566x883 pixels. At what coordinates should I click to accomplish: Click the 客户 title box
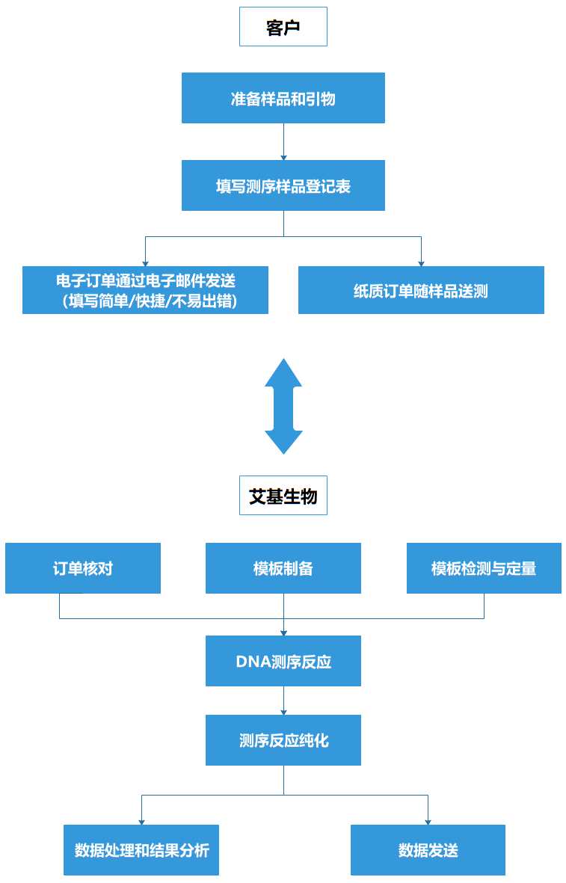[283, 27]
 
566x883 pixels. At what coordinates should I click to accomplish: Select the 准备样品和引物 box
[283, 98]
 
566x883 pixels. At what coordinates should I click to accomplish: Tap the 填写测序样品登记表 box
[283, 185]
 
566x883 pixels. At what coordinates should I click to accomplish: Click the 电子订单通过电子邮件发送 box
[145, 290]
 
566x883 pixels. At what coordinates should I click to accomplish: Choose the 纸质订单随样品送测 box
[421, 290]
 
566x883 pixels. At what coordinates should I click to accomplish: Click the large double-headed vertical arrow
[283, 406]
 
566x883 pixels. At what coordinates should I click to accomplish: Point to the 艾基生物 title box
[283, 496]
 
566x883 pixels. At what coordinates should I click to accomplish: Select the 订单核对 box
[83, 568]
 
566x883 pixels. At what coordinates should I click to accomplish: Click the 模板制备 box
[283, 568]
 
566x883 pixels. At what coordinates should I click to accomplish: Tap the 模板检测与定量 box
[484, 568]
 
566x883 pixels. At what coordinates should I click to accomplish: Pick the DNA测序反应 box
[283, 661]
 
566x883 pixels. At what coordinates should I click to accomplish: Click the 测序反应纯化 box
[283, 740]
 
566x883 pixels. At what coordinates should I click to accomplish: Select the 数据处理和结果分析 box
[141, 850]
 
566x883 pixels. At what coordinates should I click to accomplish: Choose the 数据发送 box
[428, 850]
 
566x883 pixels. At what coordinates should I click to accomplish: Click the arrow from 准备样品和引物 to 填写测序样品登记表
[283, 141]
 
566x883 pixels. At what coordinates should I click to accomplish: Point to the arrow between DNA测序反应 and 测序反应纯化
[283, 701]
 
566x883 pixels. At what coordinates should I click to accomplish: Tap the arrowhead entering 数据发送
[428, 821]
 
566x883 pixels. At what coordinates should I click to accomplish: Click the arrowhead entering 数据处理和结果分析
[141, 821]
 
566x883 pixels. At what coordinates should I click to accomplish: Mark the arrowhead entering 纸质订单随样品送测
[421, 263]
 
